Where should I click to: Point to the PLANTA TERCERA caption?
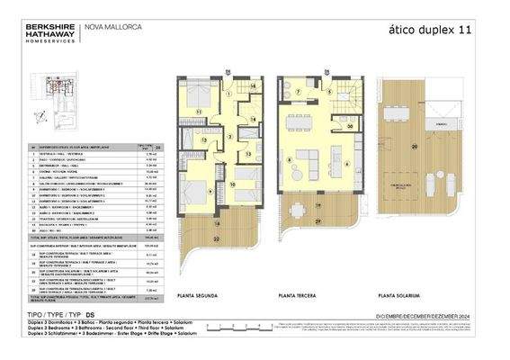300,296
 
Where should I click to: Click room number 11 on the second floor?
200,112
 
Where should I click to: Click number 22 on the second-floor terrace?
216,238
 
